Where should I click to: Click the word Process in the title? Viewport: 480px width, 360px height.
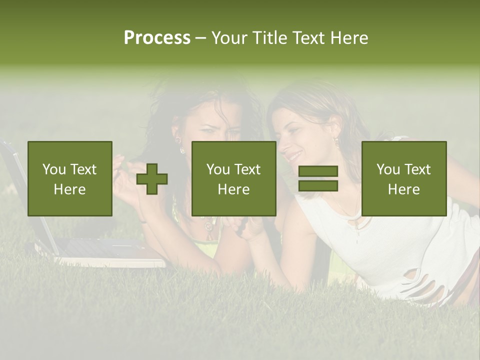coord(157,38)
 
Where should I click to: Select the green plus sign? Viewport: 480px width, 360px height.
coord(152,179)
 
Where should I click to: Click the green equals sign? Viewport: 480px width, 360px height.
coord(318,179)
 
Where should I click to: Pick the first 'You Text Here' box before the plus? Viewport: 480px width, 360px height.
coord(70,179)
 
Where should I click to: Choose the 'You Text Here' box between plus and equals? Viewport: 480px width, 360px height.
coord(233,179)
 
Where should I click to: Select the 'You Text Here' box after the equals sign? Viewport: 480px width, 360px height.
coord(403,179)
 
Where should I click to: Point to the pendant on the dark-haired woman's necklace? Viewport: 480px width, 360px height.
coord(207,226)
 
